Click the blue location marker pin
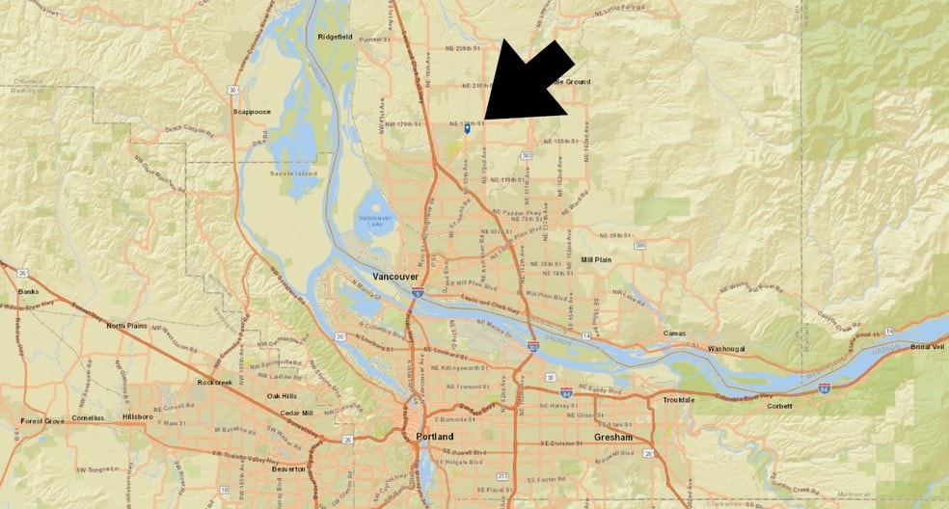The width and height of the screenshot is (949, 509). coord(468,128)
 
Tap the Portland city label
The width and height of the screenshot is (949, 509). coord(434,437)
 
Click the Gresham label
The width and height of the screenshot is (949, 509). coord(613,437)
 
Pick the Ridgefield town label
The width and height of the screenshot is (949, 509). coord(335,37)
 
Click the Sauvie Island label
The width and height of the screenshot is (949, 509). coord(295,174)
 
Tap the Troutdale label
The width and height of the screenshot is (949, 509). coord(678,399)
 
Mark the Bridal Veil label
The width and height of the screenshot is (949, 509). coord(927,346)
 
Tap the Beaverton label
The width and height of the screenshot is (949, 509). coord(288,469)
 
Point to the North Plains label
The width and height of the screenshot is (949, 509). coord(127,326)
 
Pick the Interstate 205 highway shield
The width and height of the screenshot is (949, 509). coord(532,345)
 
